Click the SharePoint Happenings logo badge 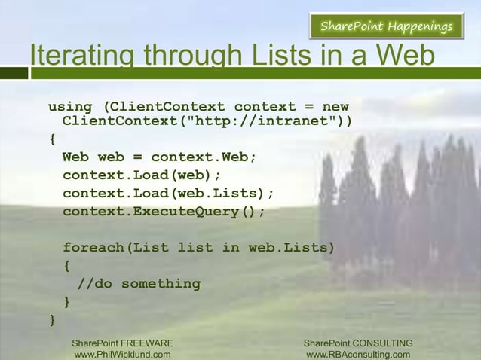tap(386, 27)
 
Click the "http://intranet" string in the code tap(256, 121)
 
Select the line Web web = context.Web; tap(160, 157)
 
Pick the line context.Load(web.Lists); tap(168, 194)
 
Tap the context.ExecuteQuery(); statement tap(164, 212)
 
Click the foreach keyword tap(94, 248)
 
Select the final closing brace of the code tap(52, 320)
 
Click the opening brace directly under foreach tap(67, 266)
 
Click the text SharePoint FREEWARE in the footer tap(122, 343)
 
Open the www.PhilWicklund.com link tap(122, 355)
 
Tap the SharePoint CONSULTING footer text tap(358, 343)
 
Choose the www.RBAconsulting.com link tap(358, 355)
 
